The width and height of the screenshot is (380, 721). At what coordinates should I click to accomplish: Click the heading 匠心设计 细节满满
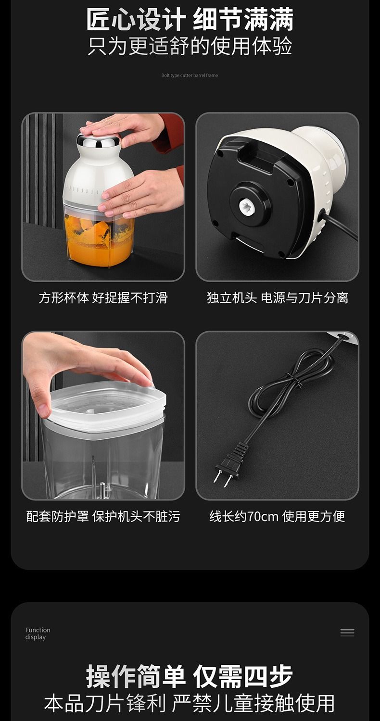[190, 20]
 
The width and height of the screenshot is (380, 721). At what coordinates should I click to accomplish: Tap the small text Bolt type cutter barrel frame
[190, 75]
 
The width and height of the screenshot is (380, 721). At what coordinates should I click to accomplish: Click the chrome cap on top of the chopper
[99, 140]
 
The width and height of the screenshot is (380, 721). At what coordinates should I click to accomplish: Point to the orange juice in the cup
[100, 238]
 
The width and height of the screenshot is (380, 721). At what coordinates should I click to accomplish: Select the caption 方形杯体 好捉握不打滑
[103, 298]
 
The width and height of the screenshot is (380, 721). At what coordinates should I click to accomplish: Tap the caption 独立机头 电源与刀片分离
[277, 298]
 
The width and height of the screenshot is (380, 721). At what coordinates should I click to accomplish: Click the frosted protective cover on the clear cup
[108, 404]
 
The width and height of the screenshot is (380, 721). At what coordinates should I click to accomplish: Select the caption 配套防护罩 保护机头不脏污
[103, 516]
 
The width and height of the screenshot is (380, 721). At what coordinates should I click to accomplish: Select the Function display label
[38, 634]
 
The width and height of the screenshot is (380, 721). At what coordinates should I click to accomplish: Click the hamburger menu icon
[347, 632]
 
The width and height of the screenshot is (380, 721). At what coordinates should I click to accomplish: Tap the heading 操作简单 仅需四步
[190, 677]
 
